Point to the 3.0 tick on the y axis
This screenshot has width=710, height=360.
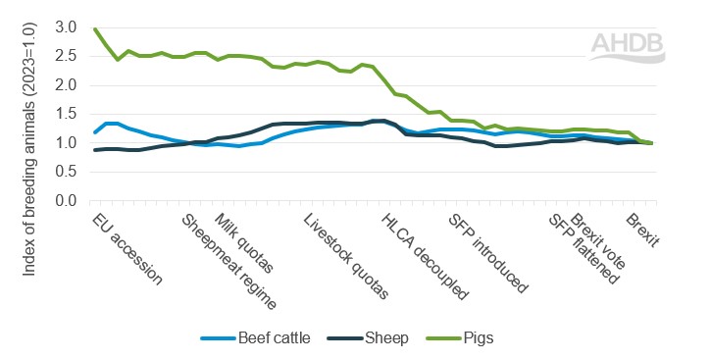(64, 27)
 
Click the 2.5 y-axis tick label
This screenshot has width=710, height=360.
(64, 57)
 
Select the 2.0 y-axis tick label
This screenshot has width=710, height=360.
(64, 85)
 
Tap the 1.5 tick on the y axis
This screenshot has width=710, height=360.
(64, 115)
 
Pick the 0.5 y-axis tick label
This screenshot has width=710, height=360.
(64, 173)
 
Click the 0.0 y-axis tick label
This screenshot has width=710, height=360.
(64, 201)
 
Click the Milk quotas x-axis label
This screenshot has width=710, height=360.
(243, 241)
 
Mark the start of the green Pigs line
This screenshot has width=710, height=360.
(94, 28)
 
